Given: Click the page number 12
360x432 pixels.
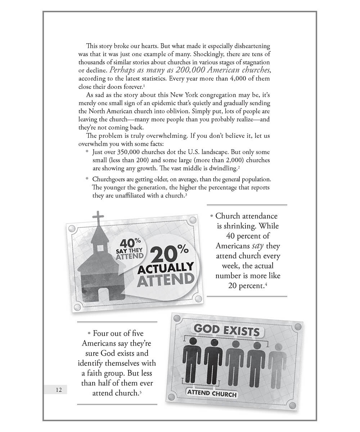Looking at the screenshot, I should [59, 390].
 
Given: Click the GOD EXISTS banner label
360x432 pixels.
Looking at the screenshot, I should [227, 330].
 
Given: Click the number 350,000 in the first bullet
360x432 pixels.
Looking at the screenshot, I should [124, 152].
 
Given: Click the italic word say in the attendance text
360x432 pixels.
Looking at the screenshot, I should [255, 246].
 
